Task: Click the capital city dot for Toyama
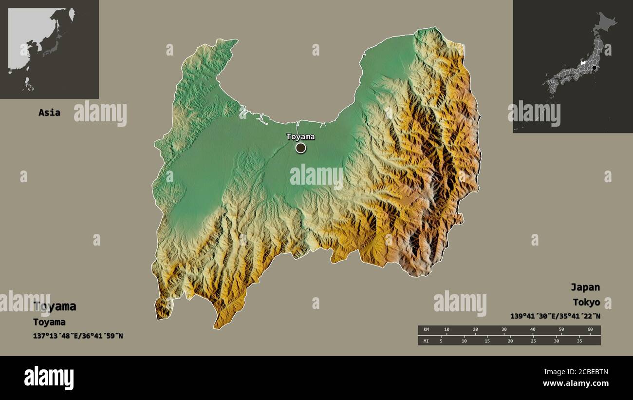click(x=301, y=148)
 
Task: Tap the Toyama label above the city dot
click(x=300, y=136)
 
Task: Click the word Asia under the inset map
click(x=49, y=113)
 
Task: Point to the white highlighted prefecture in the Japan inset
click(x=583, y=62)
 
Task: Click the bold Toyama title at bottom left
click(x=55, y=306)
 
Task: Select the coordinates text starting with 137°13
click(x=78, y=336)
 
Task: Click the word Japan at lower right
click(x=585, y=287)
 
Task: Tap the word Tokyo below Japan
click(x=586, y=302)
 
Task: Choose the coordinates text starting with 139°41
click(x=555, y=316)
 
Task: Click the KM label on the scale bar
click(x=426, y=330)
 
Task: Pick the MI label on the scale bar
click(x=426, y=341)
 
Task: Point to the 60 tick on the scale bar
click(x=590, y=330)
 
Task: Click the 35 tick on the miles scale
click(x=579, y=341)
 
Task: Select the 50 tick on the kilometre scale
click(x=561, y=330)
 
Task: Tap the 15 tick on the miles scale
click(x=487, y=341)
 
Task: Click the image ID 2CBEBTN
click(x=591, y=372)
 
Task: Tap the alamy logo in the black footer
click(x=49, y=378)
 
